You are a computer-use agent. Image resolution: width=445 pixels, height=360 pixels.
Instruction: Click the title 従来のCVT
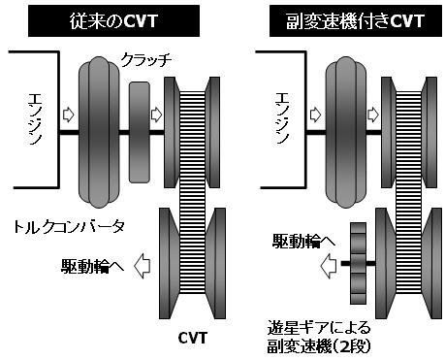click(x=113, y=21)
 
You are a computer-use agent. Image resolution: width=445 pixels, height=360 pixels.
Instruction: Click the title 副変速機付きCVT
click(x=355, y=21)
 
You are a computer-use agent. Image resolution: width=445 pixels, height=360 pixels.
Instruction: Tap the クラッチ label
click(x=146, y=60)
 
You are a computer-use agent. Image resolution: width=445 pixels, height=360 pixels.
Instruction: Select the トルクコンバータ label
click(x=69, y=227)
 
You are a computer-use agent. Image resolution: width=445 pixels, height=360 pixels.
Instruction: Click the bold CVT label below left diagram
click(x=192, y=338)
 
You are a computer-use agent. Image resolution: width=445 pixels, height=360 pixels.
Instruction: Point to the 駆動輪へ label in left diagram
click(x=92, y=266)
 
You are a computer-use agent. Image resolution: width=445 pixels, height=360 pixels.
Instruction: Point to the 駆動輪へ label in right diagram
click(x=303, y=241)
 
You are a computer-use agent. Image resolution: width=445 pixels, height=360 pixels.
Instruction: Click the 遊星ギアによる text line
click(x=319, y=328)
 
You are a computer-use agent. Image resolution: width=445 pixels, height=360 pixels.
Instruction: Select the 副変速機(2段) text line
click(x=319, y=346)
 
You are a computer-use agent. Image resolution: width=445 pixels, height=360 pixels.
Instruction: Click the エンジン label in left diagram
click(x=35, y=119)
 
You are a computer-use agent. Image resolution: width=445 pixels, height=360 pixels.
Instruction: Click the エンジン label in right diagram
click(x=282, y=118)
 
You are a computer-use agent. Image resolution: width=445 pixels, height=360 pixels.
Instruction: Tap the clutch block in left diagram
click(x=140, y=132)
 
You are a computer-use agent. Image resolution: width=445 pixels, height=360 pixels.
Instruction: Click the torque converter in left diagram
click(x=99, y=132)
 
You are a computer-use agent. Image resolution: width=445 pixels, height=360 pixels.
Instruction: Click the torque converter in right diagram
click(x=346, y=132)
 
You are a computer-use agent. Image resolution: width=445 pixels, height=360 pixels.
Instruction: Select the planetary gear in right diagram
click(x=359, y=263)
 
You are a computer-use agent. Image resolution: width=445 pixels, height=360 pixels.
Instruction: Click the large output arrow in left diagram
click(x=143, y=266)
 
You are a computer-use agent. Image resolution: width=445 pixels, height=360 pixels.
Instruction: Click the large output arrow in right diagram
click(x=329, y=266)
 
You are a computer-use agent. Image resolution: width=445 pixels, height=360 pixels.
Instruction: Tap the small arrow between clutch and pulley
click(x=156, y=115)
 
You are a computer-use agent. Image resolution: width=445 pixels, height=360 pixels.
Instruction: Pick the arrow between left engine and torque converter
click(x=68, y=115)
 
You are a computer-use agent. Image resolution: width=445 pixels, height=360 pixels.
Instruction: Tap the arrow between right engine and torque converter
click(x=315, y=115)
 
